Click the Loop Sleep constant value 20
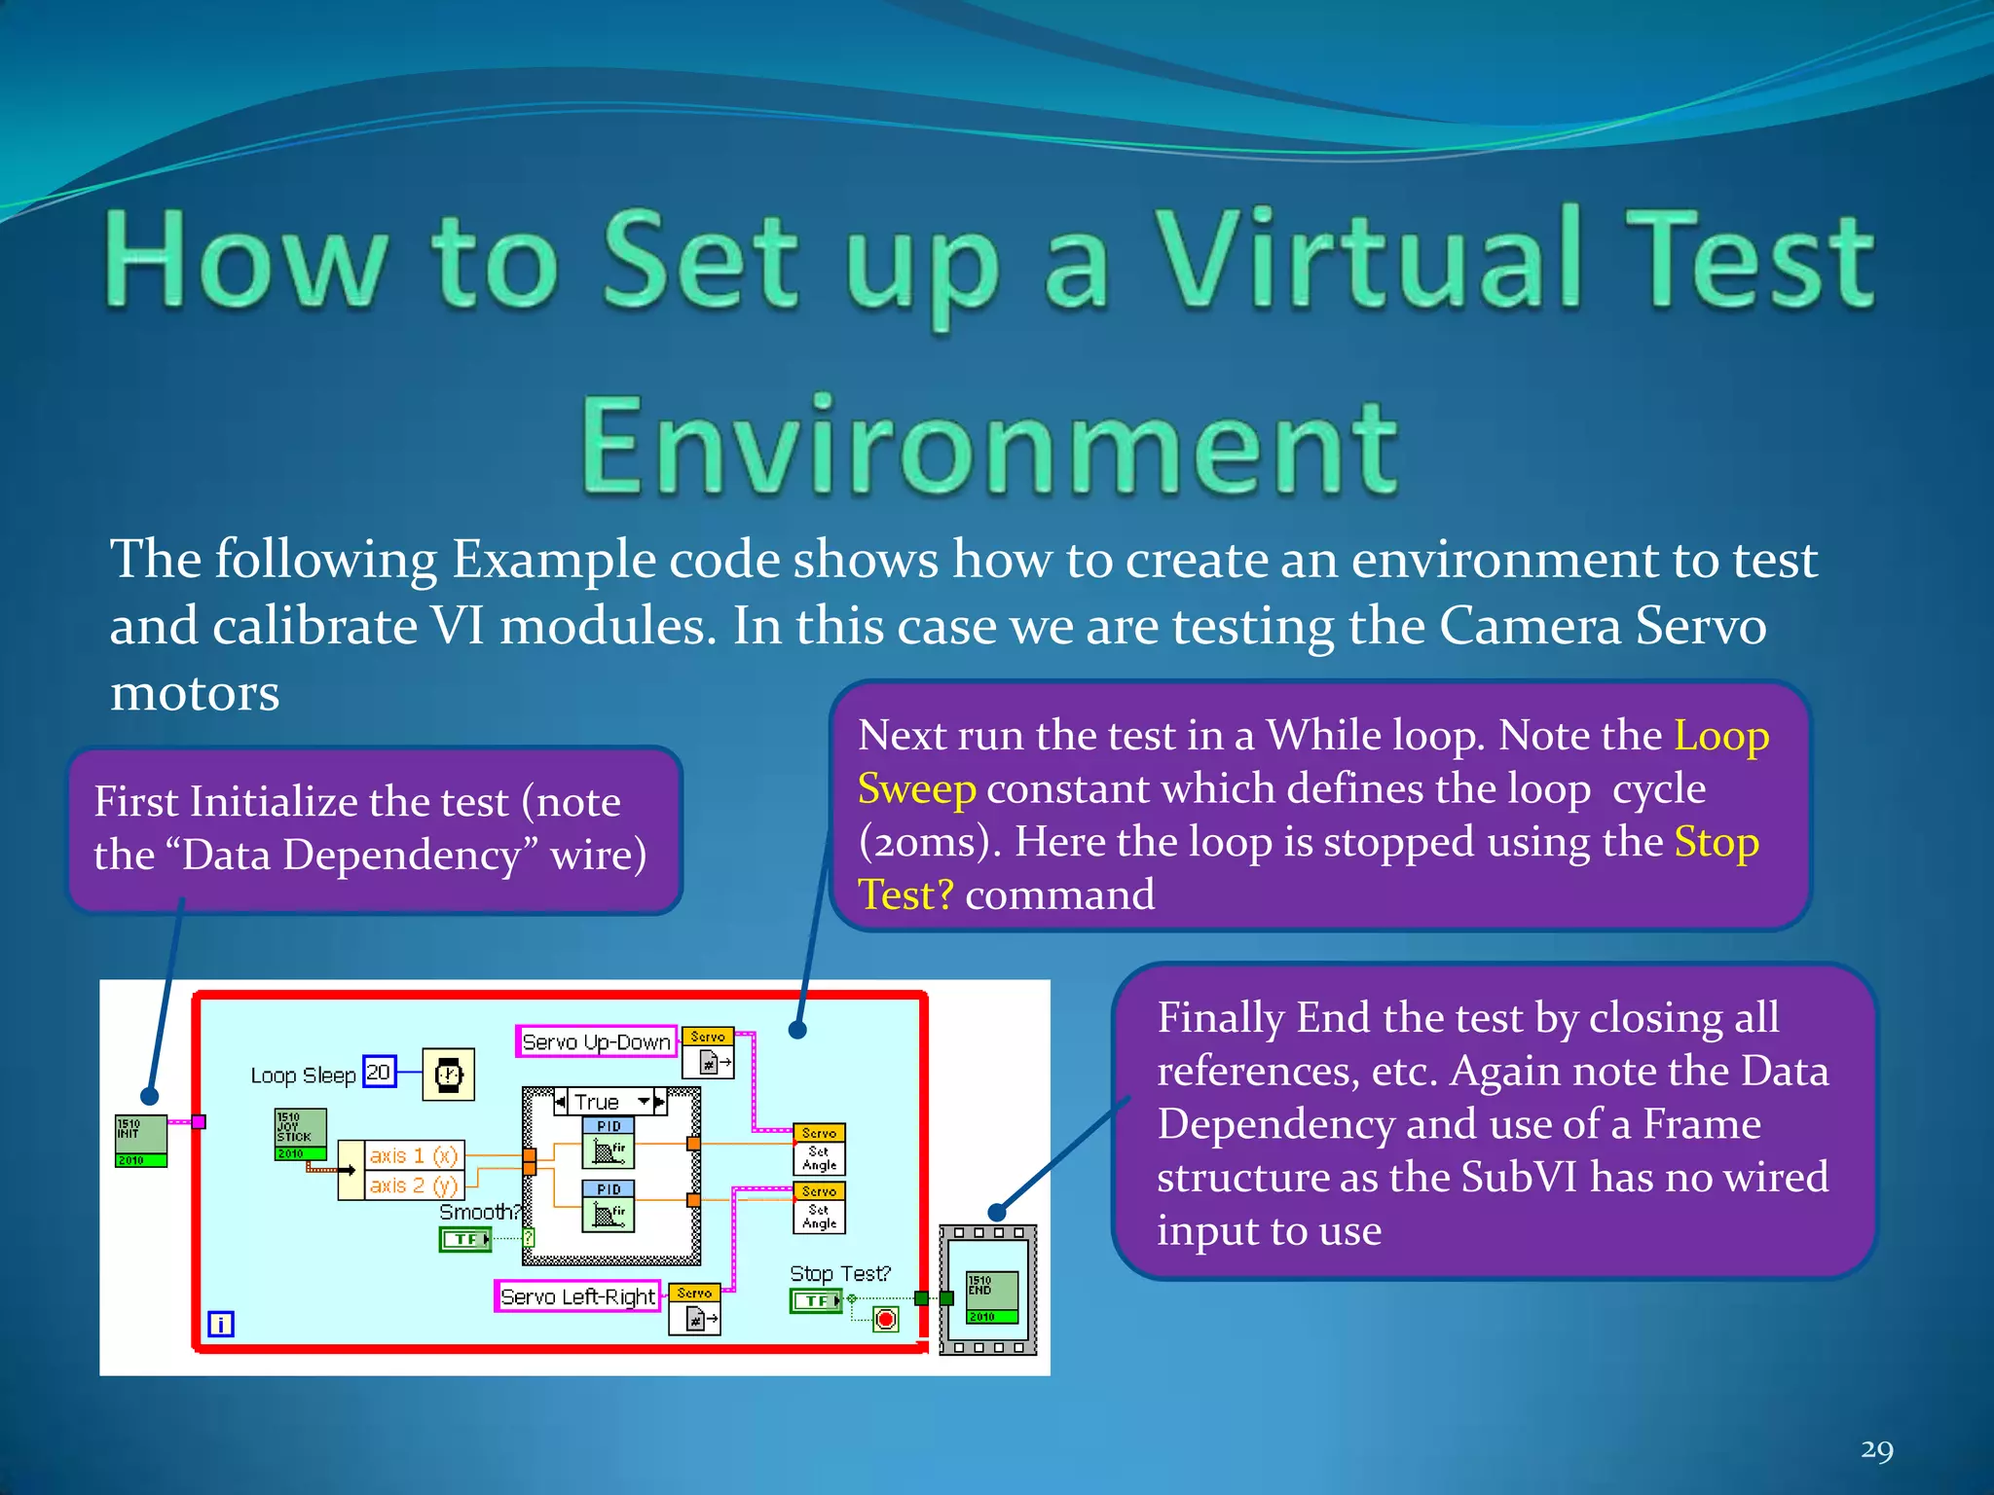point(379,1072)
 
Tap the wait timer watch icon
point(448,1075)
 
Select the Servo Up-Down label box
point(596,1041)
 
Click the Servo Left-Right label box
point(577,1296)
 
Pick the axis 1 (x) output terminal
point(414,1155)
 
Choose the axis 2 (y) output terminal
point(414,1185)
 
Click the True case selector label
point(597,1102)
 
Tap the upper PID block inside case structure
point(609,1143)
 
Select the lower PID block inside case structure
point(609,1207)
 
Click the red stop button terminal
point(885,1320)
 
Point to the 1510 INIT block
point(140,1141)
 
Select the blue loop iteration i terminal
point(221,1324)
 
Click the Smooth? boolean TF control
point(465,1239)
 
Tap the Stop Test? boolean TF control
point(815,1300)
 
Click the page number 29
point(1876,1450)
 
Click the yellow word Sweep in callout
point(916,788)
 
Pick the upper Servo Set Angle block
point(820,1149)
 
